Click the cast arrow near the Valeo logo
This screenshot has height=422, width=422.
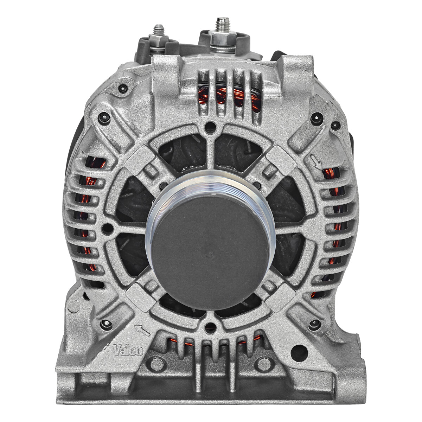point(142,331)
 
